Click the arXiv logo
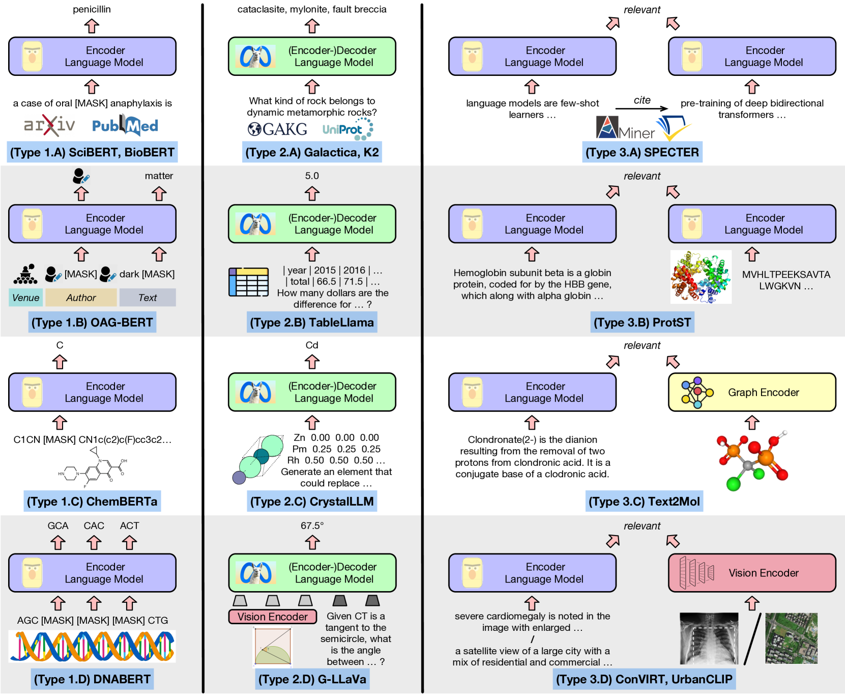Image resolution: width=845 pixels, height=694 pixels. [49, 125]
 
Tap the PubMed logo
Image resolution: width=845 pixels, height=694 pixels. [125, 125]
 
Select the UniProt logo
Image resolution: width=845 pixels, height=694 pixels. [347, 129]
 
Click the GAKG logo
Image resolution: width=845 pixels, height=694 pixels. [277, 129]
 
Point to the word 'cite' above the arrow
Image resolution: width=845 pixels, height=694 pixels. [642, 100]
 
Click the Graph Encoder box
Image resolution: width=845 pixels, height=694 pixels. [752, 392]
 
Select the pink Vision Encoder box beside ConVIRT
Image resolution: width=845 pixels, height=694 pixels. [752, 573]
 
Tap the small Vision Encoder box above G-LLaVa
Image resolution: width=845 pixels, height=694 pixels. [273, 617]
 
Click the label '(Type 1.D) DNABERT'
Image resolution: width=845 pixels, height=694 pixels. [92, 679]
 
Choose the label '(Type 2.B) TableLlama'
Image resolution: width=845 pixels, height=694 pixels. [312, 322]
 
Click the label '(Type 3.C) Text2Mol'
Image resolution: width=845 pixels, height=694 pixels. [644, 502]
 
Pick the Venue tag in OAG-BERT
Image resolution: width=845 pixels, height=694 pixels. [25, 297]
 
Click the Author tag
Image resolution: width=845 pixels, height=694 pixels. [81, 297]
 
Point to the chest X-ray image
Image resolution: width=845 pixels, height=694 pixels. [709, 639]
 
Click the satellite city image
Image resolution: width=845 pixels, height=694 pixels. [791, 639]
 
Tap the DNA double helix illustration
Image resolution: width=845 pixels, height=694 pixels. [92, 646]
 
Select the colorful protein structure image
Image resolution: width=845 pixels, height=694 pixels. [701, 276]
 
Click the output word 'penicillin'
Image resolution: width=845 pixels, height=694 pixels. [92, 9]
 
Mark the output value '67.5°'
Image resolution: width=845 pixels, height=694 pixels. [312, 525]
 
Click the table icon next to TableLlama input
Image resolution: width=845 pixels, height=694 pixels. [248, 282]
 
